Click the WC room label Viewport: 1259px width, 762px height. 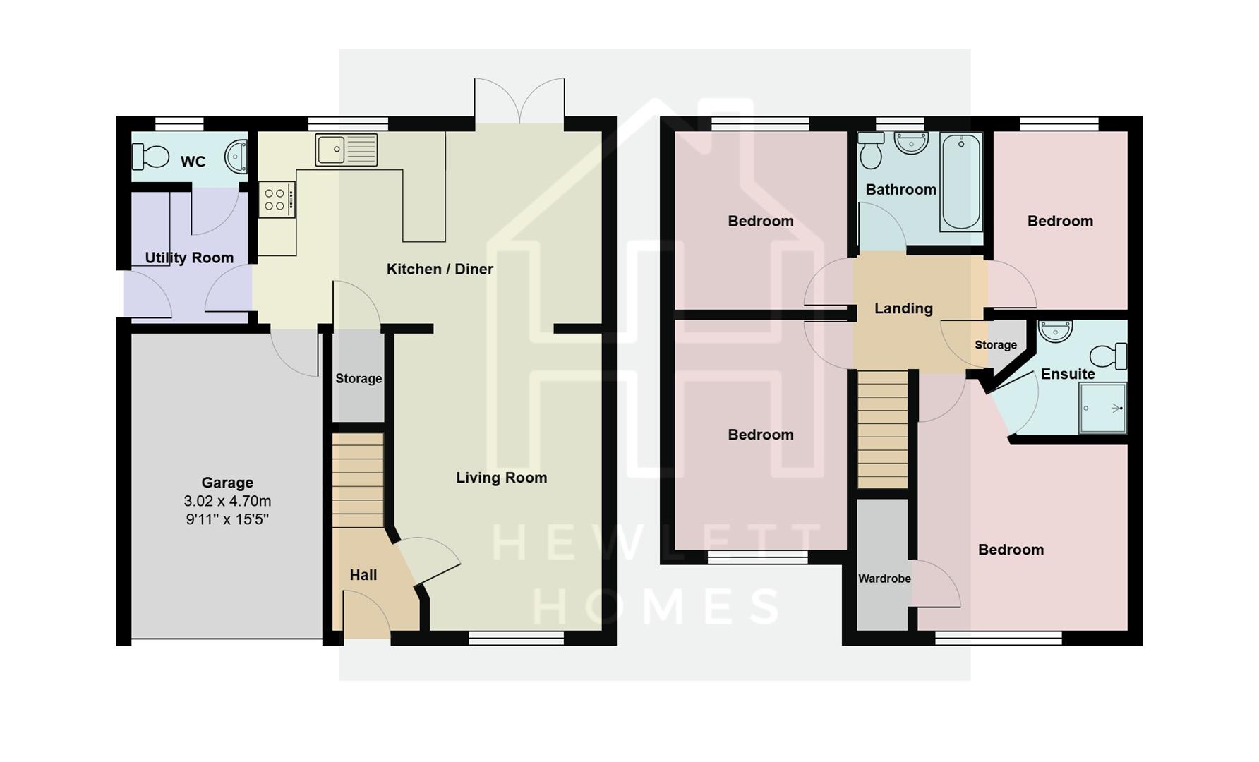[x=193, y=162]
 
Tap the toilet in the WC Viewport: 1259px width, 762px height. [x=150, y=157]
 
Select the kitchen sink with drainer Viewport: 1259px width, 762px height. [x=346, y=150]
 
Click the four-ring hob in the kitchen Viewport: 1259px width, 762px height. [x=276, y=199]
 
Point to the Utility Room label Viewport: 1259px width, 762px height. [x=189, y=258]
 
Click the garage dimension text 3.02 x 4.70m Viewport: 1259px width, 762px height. [x=227, y=501]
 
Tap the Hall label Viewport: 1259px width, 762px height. [x=363, y=575]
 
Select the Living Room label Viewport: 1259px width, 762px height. [x=501, y=478]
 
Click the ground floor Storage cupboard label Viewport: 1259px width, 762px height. [x=359, y=379]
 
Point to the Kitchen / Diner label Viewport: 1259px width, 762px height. [x=440, y=269]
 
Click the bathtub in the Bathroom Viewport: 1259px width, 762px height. [x=960, y=182]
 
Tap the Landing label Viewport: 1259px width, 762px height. [x=903, y=308]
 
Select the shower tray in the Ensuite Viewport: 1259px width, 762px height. [x=1102, y=408]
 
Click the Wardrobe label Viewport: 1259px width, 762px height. [x=884, y=579]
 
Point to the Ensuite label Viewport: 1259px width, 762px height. [x=1068, y=374]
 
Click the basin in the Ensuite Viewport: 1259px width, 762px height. [x=1056, y=330]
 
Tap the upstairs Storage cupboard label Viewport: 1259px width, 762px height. [x=996, y=345]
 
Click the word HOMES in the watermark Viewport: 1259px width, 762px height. [x=656, y=605]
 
